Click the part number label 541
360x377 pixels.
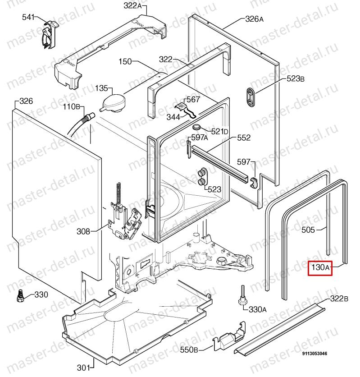click(x=28, y=17)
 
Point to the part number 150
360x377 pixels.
click(x=126, y=61)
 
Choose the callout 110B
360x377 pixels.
click(x=71, y=107)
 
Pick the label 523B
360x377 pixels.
click(x=295, y=79)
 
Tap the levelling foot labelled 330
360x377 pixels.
click(x=19, y=295)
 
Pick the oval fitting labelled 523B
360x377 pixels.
click(x=251, y=96)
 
